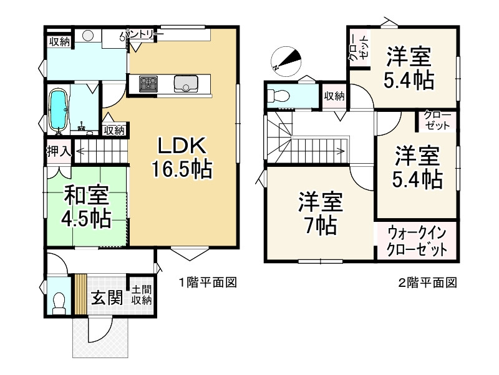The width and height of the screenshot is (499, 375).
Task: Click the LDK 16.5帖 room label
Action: [x=182, y=157]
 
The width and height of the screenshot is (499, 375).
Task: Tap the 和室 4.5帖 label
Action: [x=85, y=207]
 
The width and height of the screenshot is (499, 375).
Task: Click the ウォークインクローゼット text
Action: [x=417, y=241]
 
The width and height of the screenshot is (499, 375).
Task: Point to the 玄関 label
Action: [x=107, y=297]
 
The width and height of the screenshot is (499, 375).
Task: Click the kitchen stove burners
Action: [x=149, y=83]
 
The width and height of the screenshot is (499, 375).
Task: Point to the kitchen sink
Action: [x=187, y=83]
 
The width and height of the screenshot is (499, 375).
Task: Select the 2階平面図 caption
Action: [x=427, y=282]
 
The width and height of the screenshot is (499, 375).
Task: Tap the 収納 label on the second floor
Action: [x=334, y=96]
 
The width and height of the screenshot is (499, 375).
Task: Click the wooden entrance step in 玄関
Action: [x=80, y=292]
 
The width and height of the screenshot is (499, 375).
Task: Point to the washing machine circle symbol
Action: [x=88, y=35]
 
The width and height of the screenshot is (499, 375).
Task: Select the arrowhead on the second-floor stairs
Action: [x=341, y=150]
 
